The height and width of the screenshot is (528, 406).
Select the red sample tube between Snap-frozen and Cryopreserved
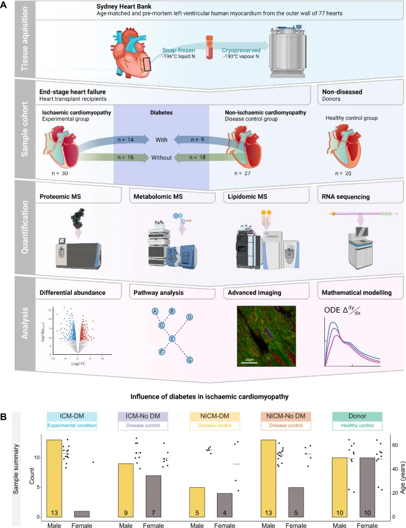(x=209, y=47)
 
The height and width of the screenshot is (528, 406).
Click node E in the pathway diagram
(x=172, y=339)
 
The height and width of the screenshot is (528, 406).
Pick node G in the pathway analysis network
(x=190, y=360)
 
